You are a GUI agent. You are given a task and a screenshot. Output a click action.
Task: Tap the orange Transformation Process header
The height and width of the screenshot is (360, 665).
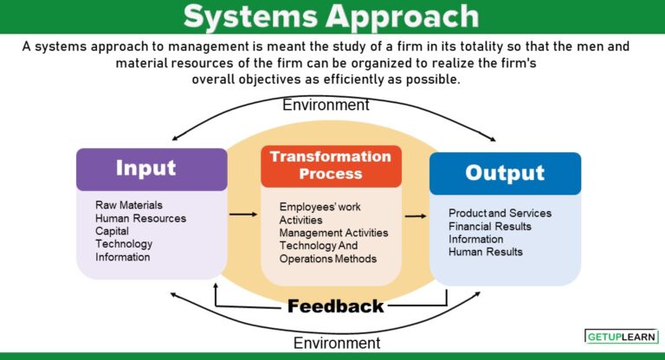coord(331,165)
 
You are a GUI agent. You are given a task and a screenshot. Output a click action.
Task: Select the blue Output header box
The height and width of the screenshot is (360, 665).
coord(505,172)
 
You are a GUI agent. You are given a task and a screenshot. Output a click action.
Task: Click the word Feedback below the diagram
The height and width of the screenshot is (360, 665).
coord(335,305)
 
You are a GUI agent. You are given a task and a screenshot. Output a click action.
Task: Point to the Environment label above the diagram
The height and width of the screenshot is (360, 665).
coord(326,105)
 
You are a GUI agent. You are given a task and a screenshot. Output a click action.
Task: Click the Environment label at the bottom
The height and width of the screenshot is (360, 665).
coord(336,343)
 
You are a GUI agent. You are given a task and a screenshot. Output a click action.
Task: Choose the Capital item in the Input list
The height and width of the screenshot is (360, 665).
coord(113,231)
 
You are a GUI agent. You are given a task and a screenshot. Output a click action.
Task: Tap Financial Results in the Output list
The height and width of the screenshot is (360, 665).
coord(489,226)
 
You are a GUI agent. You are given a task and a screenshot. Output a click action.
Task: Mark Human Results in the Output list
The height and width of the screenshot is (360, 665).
coord(485,252)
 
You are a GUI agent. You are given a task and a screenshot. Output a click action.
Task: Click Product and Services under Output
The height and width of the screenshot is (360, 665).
coord(500,213)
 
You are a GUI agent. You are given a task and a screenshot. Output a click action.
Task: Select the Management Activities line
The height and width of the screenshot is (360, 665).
coord(333,233)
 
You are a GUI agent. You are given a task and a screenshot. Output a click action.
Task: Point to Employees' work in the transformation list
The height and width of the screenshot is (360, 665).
coord(320,207)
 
